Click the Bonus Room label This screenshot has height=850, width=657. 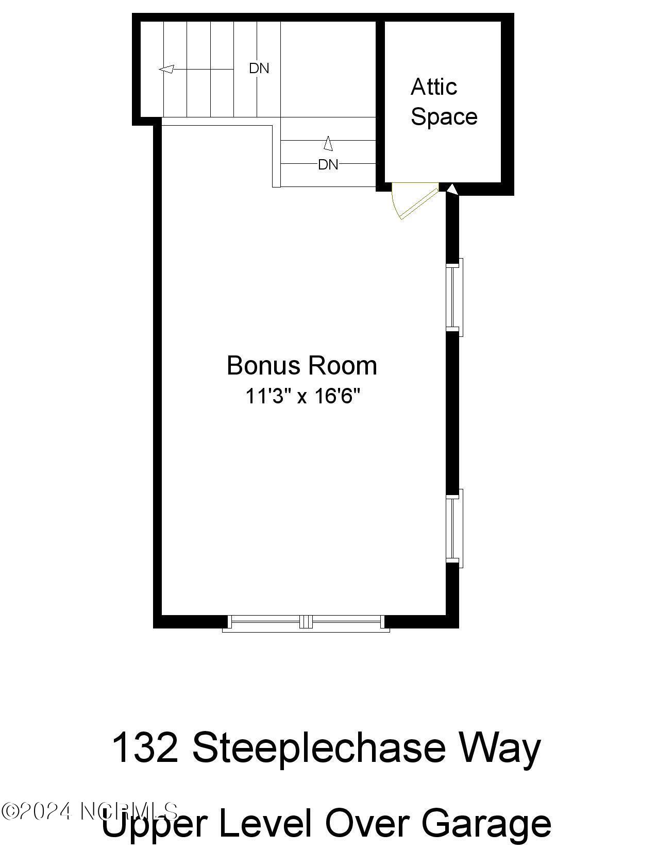(x=302, y=366)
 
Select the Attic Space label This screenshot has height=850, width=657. (x=443, y=102)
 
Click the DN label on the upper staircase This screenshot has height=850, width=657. (x=259, y=68)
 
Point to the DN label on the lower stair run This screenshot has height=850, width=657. (x=328, y=164)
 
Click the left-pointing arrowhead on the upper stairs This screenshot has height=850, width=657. (x=166, y=69)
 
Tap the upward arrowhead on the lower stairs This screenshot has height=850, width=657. (x=328, y=143)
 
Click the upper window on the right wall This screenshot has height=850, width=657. (x=454, y=297)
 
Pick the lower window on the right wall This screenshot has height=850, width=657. (x=454, y=528)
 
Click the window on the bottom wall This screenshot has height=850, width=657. (x=306, y=623)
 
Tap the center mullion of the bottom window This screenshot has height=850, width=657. (x=306, y=622)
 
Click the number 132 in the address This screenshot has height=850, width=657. (x=145, y=747)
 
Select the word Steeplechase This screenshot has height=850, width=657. (x=318, y=749)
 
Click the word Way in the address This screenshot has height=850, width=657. (x=499, y=749)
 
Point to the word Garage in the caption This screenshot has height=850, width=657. (x=486, y=823)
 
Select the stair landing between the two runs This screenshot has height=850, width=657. (x=328, y=70)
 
